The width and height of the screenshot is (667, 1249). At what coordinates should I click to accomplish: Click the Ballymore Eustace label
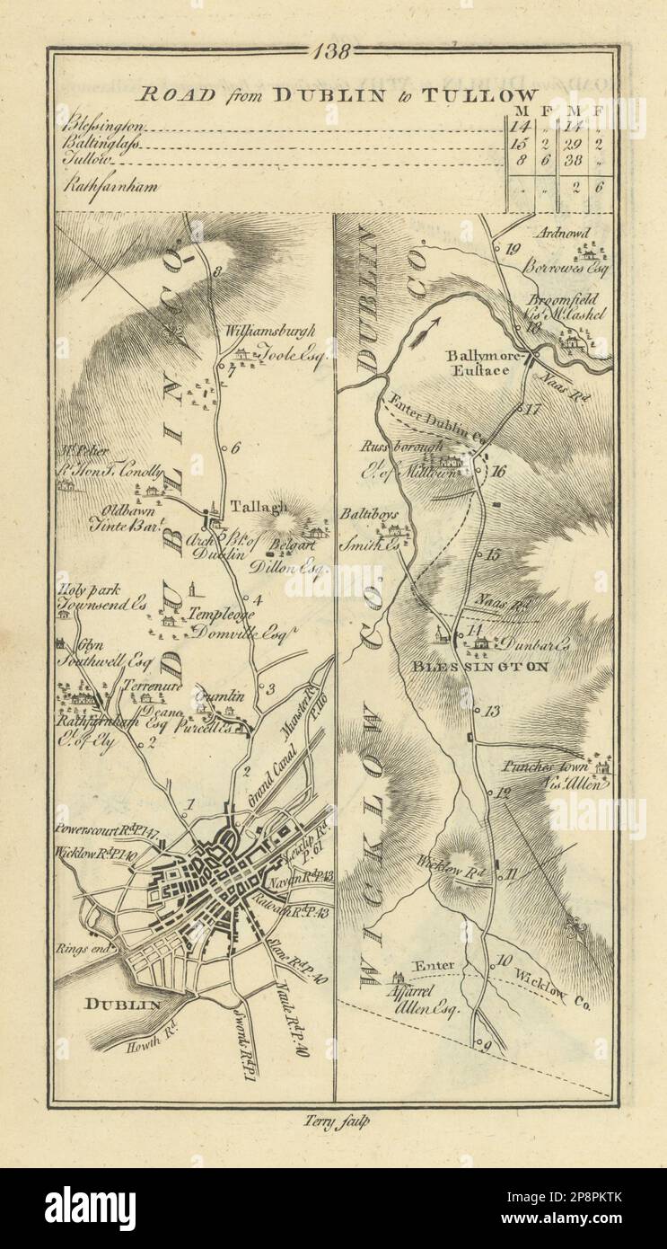tap(485, 362)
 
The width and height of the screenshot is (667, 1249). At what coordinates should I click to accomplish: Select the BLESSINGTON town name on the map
tap(493, 667)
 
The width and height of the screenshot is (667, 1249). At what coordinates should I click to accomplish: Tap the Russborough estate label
tap(416, 446)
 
